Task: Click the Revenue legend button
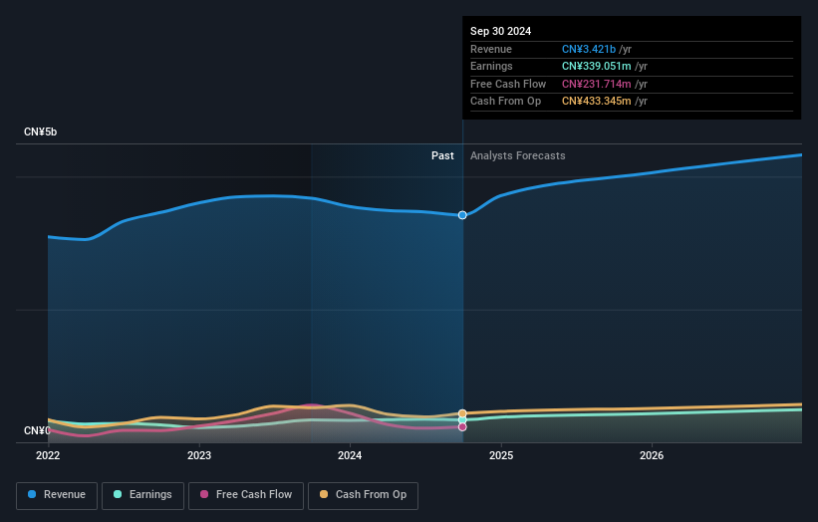[x=58, y=494]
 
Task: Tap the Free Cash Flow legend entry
[x=246, y=494]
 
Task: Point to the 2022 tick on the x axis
[x=48, y=455]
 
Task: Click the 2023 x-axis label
[x=199, y=455]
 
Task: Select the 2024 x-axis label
[x=350, y=455]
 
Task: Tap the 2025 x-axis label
[x=501, y=455]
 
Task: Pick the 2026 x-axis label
[x=652, y=455]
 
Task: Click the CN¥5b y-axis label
[x=41, y=131]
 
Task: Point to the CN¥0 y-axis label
[x=37, y=430]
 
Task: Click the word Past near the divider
[x=442, y=155]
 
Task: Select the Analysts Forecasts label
[x=517, y=155]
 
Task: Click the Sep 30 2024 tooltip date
[x=501, y=31]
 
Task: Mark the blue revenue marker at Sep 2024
[x=462, y=215]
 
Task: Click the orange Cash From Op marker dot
[x=462, y=413]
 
